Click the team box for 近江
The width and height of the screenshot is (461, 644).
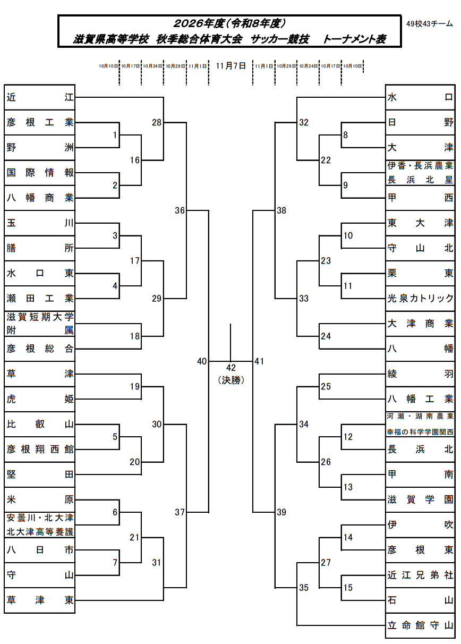click(x=40, y=97)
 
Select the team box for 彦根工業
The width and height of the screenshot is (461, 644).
click(x=40, y=122)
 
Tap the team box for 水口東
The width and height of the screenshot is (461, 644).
click(x=40, y=273)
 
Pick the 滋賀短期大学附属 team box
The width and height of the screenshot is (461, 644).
click(x=40, y=324)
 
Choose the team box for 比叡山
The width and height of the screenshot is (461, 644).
click(x=40, y=424)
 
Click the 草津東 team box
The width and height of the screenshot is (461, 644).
click(x=40, y=600)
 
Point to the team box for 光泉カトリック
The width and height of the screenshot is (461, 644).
click(x=420, y=299)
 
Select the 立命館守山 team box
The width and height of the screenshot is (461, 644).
click(x=420, y=625)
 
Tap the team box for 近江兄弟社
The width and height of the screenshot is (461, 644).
click(x=420, y=575)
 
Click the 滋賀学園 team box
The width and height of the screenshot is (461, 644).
click(x=420, y=499)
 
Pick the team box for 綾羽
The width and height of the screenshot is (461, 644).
click(x=420, y=374)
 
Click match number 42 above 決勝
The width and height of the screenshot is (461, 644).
click(x=231, y=368)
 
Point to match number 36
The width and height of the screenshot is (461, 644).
click(x=180, y=210)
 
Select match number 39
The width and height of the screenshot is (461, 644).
click(x=281, y=512)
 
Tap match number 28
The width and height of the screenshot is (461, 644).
click(x=157, y=122)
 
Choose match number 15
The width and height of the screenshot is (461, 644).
click(x=348, y=588)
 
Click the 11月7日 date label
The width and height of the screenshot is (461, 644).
click(x=231, y=66)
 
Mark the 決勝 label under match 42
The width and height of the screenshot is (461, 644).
click(x=231, y=380)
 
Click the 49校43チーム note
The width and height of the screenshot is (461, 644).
click(x=429, y=24)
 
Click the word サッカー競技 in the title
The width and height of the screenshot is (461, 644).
click(x=280, y=39)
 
